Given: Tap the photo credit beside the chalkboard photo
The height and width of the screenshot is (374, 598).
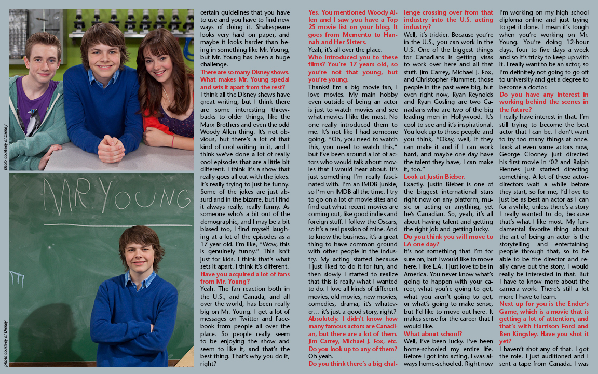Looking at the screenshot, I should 5,343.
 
